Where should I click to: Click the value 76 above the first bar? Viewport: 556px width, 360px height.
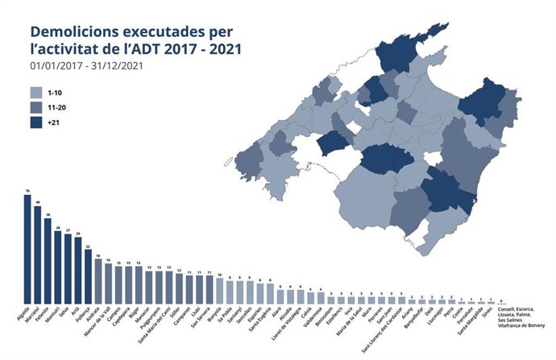(x=27, y=191)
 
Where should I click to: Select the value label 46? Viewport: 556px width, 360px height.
(x=38, y=202)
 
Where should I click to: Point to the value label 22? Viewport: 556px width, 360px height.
(x=88, y=248)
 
